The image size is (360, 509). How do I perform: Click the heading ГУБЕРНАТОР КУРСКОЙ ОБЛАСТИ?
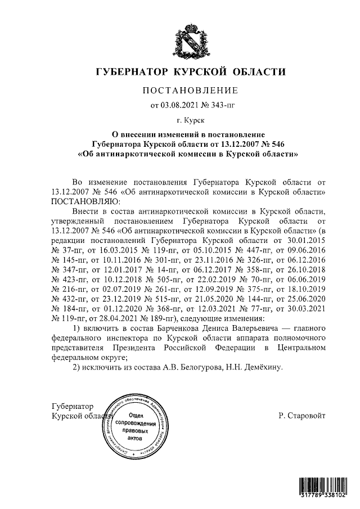point(191,72)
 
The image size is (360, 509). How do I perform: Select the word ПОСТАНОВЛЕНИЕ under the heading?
point(191,90)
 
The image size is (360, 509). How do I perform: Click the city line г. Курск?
point(191,120)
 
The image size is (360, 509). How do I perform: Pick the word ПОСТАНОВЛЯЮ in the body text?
point(84,201)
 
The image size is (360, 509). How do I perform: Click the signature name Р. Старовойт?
point(301,416)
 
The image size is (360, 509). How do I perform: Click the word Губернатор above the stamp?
point(73,407)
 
